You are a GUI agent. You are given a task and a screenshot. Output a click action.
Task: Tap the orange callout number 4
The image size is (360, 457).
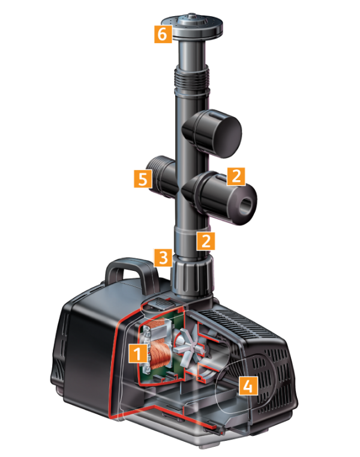coord(248,385)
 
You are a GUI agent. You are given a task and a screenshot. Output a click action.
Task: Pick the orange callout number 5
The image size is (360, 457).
coord(142,178)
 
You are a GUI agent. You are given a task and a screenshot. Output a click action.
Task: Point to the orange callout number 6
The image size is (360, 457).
coord(160,35)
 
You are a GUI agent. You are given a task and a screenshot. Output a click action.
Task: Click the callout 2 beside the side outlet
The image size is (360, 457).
coord(236,176)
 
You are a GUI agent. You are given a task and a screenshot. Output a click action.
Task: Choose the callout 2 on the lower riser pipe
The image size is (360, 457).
coord(206,241)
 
